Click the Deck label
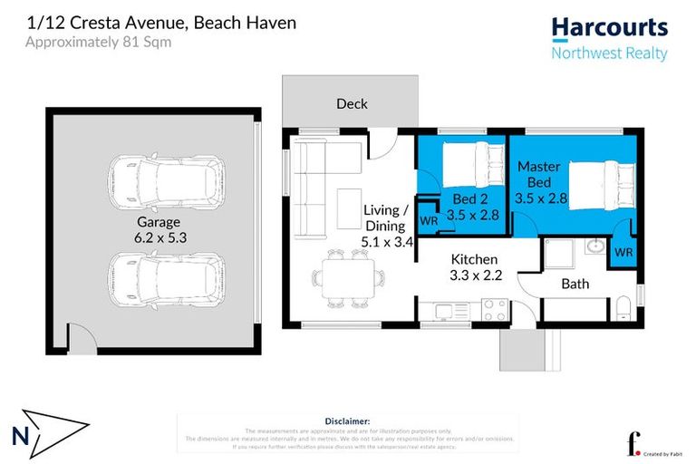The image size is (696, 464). tap(352, 103)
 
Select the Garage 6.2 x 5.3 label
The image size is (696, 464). tap(159, 229)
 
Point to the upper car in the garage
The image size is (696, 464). tap(164, 182)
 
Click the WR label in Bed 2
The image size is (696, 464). tap(430, 220)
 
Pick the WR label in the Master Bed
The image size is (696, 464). tap(623, 251)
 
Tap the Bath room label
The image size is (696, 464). tap(575, 284)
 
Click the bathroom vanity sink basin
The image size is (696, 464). tap(595, 247)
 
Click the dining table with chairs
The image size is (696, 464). tap(348, 278)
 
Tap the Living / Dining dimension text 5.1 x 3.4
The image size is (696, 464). tap(388, 242)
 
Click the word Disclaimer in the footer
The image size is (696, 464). tap(347, 421)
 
